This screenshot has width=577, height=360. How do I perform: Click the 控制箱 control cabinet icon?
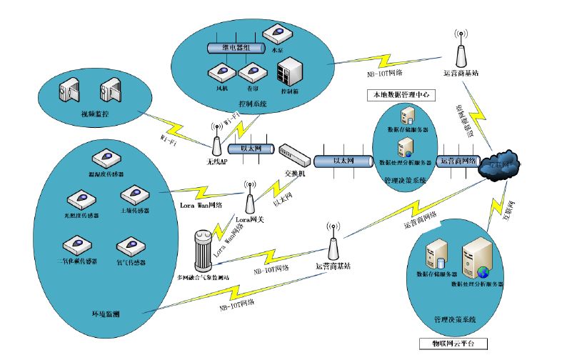click(x=289, y=74)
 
